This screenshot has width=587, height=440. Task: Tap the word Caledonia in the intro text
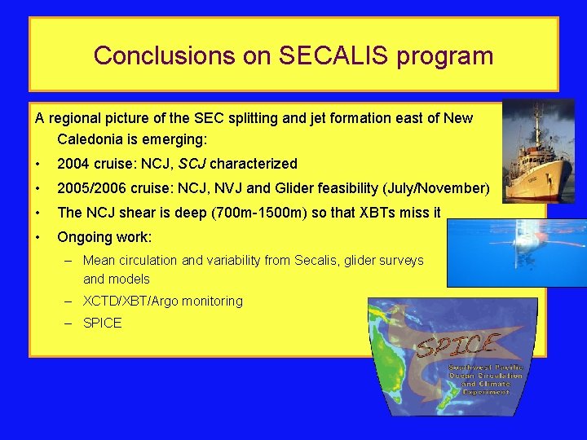click(94, 139)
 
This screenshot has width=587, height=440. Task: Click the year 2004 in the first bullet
click(73, 164)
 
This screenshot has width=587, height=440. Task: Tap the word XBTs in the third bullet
click(392, 213)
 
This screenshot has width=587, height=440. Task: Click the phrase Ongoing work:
click(104, 237)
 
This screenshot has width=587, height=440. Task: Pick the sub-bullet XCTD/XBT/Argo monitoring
click(163, 301)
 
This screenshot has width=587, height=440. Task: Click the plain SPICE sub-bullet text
click(103, 323)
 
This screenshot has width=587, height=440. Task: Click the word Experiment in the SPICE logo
click(486, 392)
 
